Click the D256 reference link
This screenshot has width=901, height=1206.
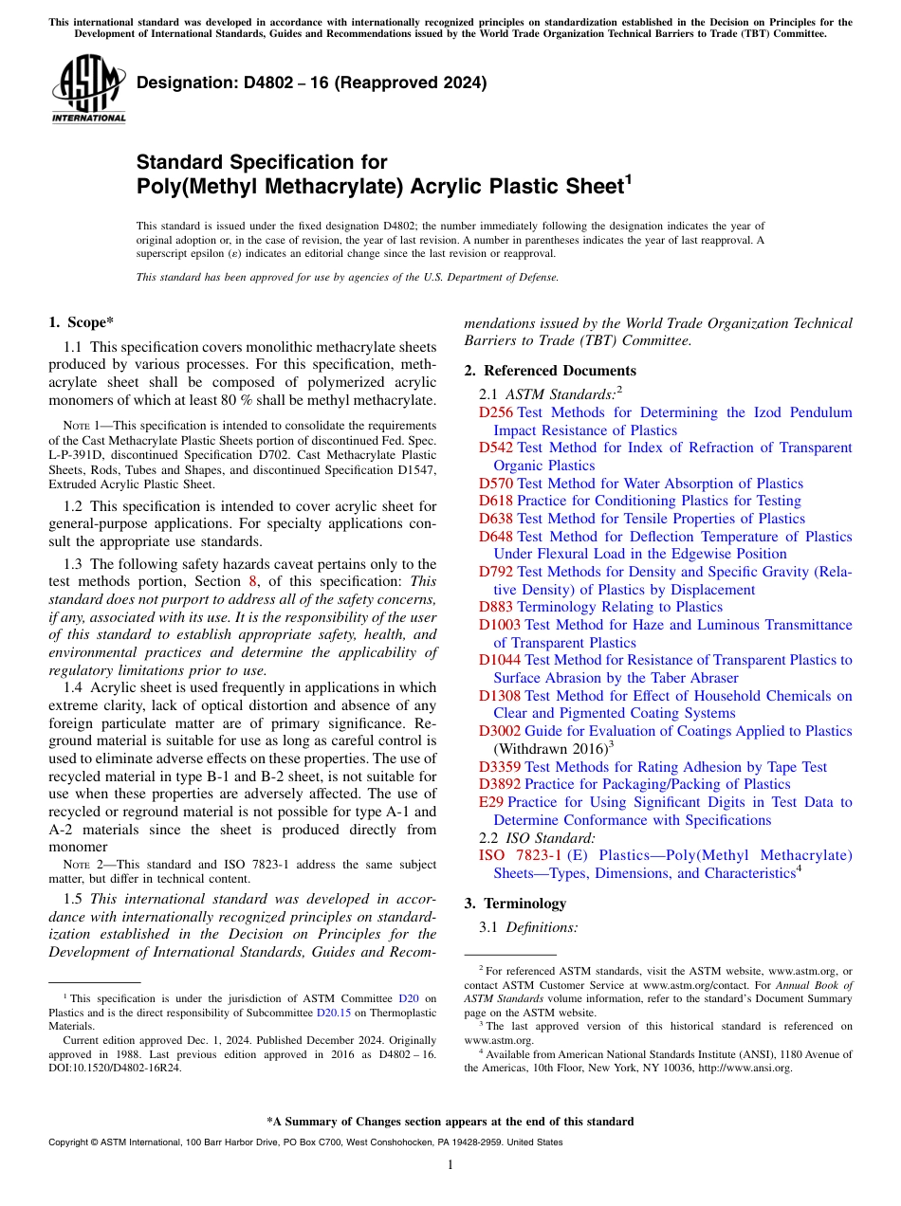(x=496, y=412)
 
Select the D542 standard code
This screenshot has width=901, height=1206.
(x=496, y=448)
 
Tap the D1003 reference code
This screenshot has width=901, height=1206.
(x=500, y=625)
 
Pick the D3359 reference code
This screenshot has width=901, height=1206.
(x=500, y=767)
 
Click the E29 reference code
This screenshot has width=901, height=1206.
(x=491, y=802)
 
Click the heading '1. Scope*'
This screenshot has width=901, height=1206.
(x=83, y=322)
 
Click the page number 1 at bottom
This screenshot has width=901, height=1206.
(x=450, y=1165)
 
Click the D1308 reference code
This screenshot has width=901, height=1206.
(x=500, y=696)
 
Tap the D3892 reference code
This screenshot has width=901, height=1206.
(x=500, y=784)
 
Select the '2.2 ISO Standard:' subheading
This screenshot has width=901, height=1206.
(x=537, y=838)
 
